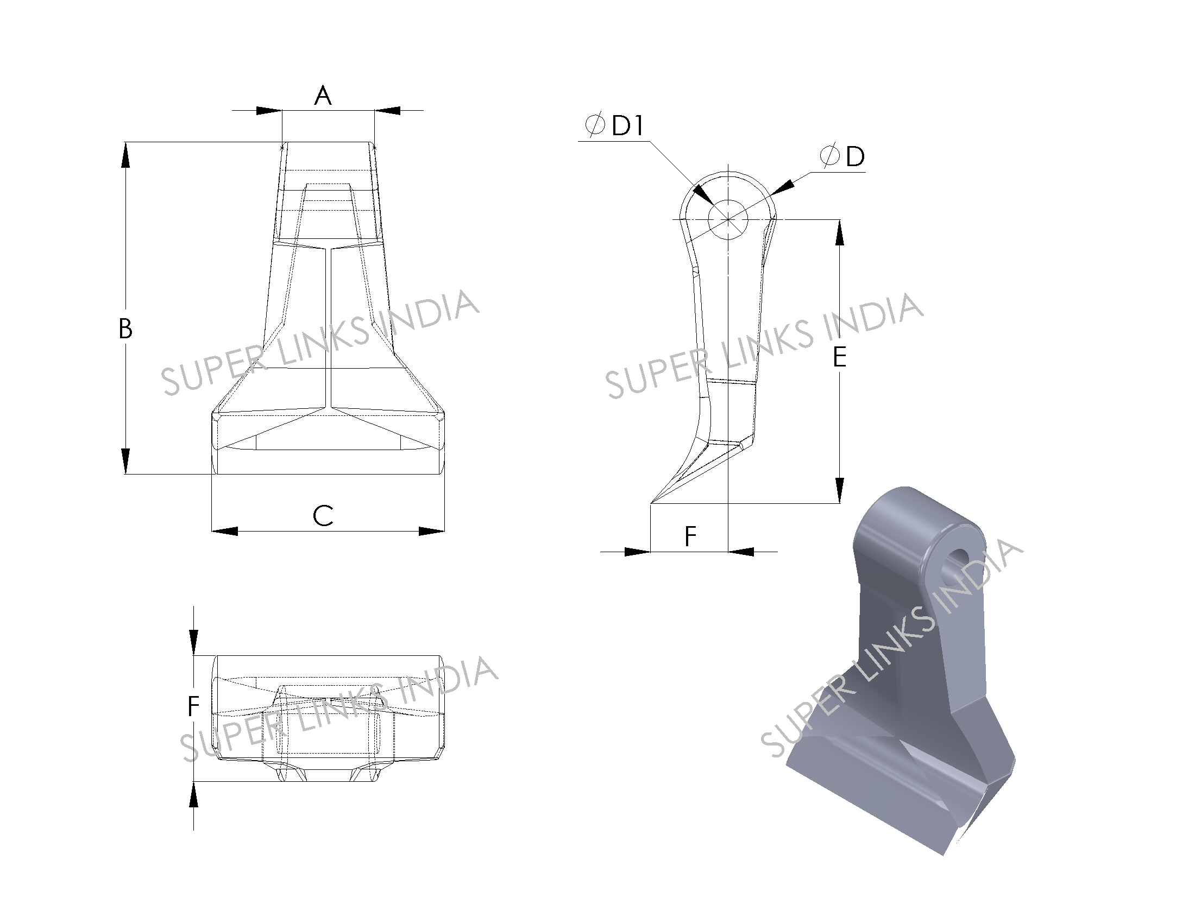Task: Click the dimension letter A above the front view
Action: (x=323, y=96)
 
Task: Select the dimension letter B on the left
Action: (x=125, y=328)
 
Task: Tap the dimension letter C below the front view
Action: (x=323, y=516)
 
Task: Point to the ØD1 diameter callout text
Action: (x=614, y=125)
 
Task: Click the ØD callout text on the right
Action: (x=842, y=156)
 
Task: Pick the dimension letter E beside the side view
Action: (x=839, y=358)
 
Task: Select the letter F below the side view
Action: (x=690, y=536)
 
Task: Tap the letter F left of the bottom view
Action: (x=193, y=706)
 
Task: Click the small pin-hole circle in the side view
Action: (x=728, y=219)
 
